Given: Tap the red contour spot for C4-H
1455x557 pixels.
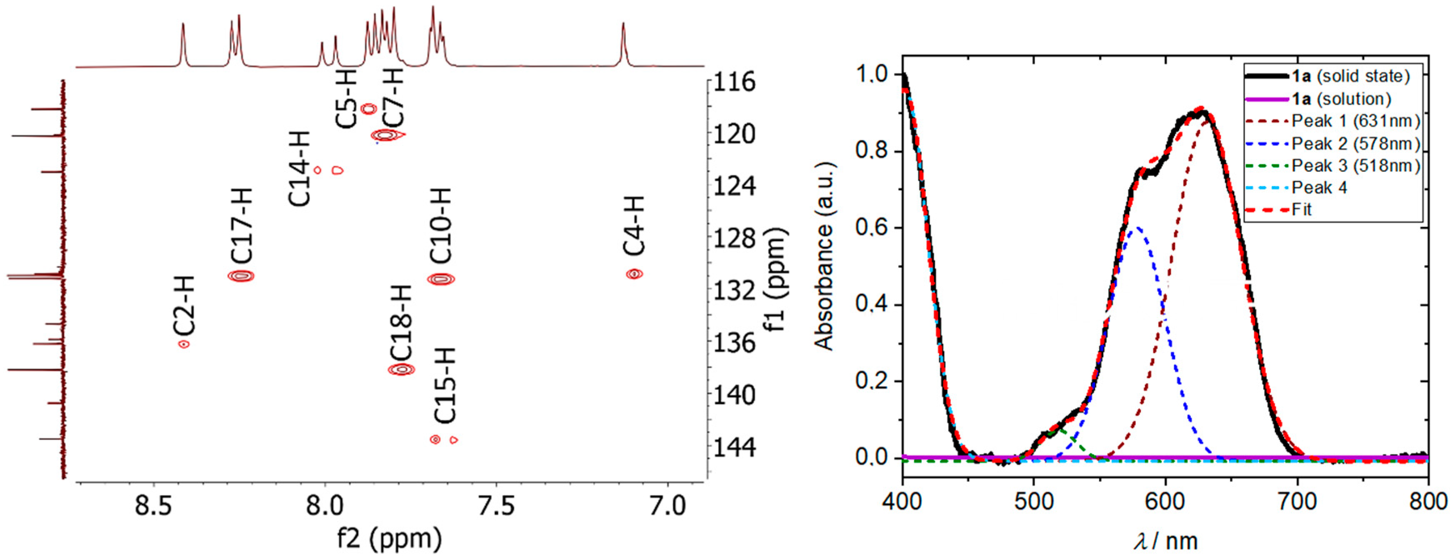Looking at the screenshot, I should coord(634,274).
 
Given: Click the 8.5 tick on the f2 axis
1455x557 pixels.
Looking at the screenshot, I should coord(154,506).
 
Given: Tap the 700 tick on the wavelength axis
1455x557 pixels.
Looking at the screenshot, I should coord(1297,501).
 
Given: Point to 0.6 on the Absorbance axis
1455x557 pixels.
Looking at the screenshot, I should coord(871,228).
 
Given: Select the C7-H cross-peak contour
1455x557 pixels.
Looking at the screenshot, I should coord(386,135).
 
